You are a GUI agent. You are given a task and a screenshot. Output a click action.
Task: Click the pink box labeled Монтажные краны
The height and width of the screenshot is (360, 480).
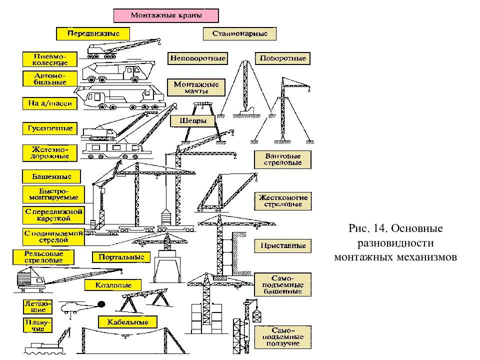coord(166,15)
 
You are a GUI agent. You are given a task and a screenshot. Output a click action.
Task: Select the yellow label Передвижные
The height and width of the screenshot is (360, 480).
coord(92,33)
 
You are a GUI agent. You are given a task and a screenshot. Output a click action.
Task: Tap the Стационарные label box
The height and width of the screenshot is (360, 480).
coord(239,34)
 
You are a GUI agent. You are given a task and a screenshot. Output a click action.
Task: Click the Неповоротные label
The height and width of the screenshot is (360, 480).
coord(198,58)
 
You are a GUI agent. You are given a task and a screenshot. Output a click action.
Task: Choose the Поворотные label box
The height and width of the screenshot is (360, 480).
coord(282,58)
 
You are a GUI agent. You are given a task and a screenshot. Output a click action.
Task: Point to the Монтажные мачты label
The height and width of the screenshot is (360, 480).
coord(196,88)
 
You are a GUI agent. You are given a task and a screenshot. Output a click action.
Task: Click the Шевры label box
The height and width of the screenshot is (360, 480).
coord(192,120)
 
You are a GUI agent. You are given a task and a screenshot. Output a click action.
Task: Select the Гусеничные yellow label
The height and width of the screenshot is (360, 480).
coord(49,128)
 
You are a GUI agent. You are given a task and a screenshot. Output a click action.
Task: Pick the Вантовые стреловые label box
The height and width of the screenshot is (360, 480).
coord(282,159)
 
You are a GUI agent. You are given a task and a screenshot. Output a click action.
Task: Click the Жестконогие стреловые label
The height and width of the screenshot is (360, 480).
coord(282,201)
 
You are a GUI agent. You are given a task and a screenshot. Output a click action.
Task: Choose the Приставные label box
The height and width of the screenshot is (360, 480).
coord(282,246)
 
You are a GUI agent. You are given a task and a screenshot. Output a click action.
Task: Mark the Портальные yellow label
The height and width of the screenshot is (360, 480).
coord(121,257)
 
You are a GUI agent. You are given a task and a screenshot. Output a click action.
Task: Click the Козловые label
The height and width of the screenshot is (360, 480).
coord(114,285)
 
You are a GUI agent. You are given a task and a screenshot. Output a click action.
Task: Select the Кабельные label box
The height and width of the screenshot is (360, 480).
coord(128,322)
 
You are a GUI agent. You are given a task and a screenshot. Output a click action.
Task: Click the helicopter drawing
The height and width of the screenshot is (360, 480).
coord(75,306)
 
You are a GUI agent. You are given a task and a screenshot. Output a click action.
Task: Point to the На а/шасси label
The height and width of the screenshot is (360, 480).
coord(49,104)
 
